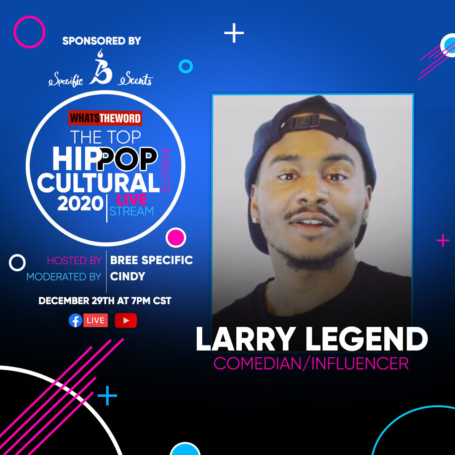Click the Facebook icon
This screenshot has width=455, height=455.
[x=75, y=321]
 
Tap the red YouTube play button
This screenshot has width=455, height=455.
[x=126, y=321]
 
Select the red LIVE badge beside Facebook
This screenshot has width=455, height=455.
[x=96, y=321]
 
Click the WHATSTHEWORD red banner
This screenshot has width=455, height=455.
[x=105, y=118]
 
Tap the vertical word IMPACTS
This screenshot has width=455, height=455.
[x=166, y=170]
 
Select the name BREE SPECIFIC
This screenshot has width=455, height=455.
[x=151, y=260]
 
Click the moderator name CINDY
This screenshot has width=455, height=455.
[x=128, y=277]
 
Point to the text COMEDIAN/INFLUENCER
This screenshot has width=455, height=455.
[x=311, y=363]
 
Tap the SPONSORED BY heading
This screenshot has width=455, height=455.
[x=102, y=41]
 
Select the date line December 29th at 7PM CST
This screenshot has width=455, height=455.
[x=105, y=301]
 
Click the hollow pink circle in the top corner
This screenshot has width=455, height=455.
[x=29, y=32]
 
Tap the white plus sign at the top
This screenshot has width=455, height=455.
[x=234, y=33]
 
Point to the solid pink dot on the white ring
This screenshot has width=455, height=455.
[x=176, y=237]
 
